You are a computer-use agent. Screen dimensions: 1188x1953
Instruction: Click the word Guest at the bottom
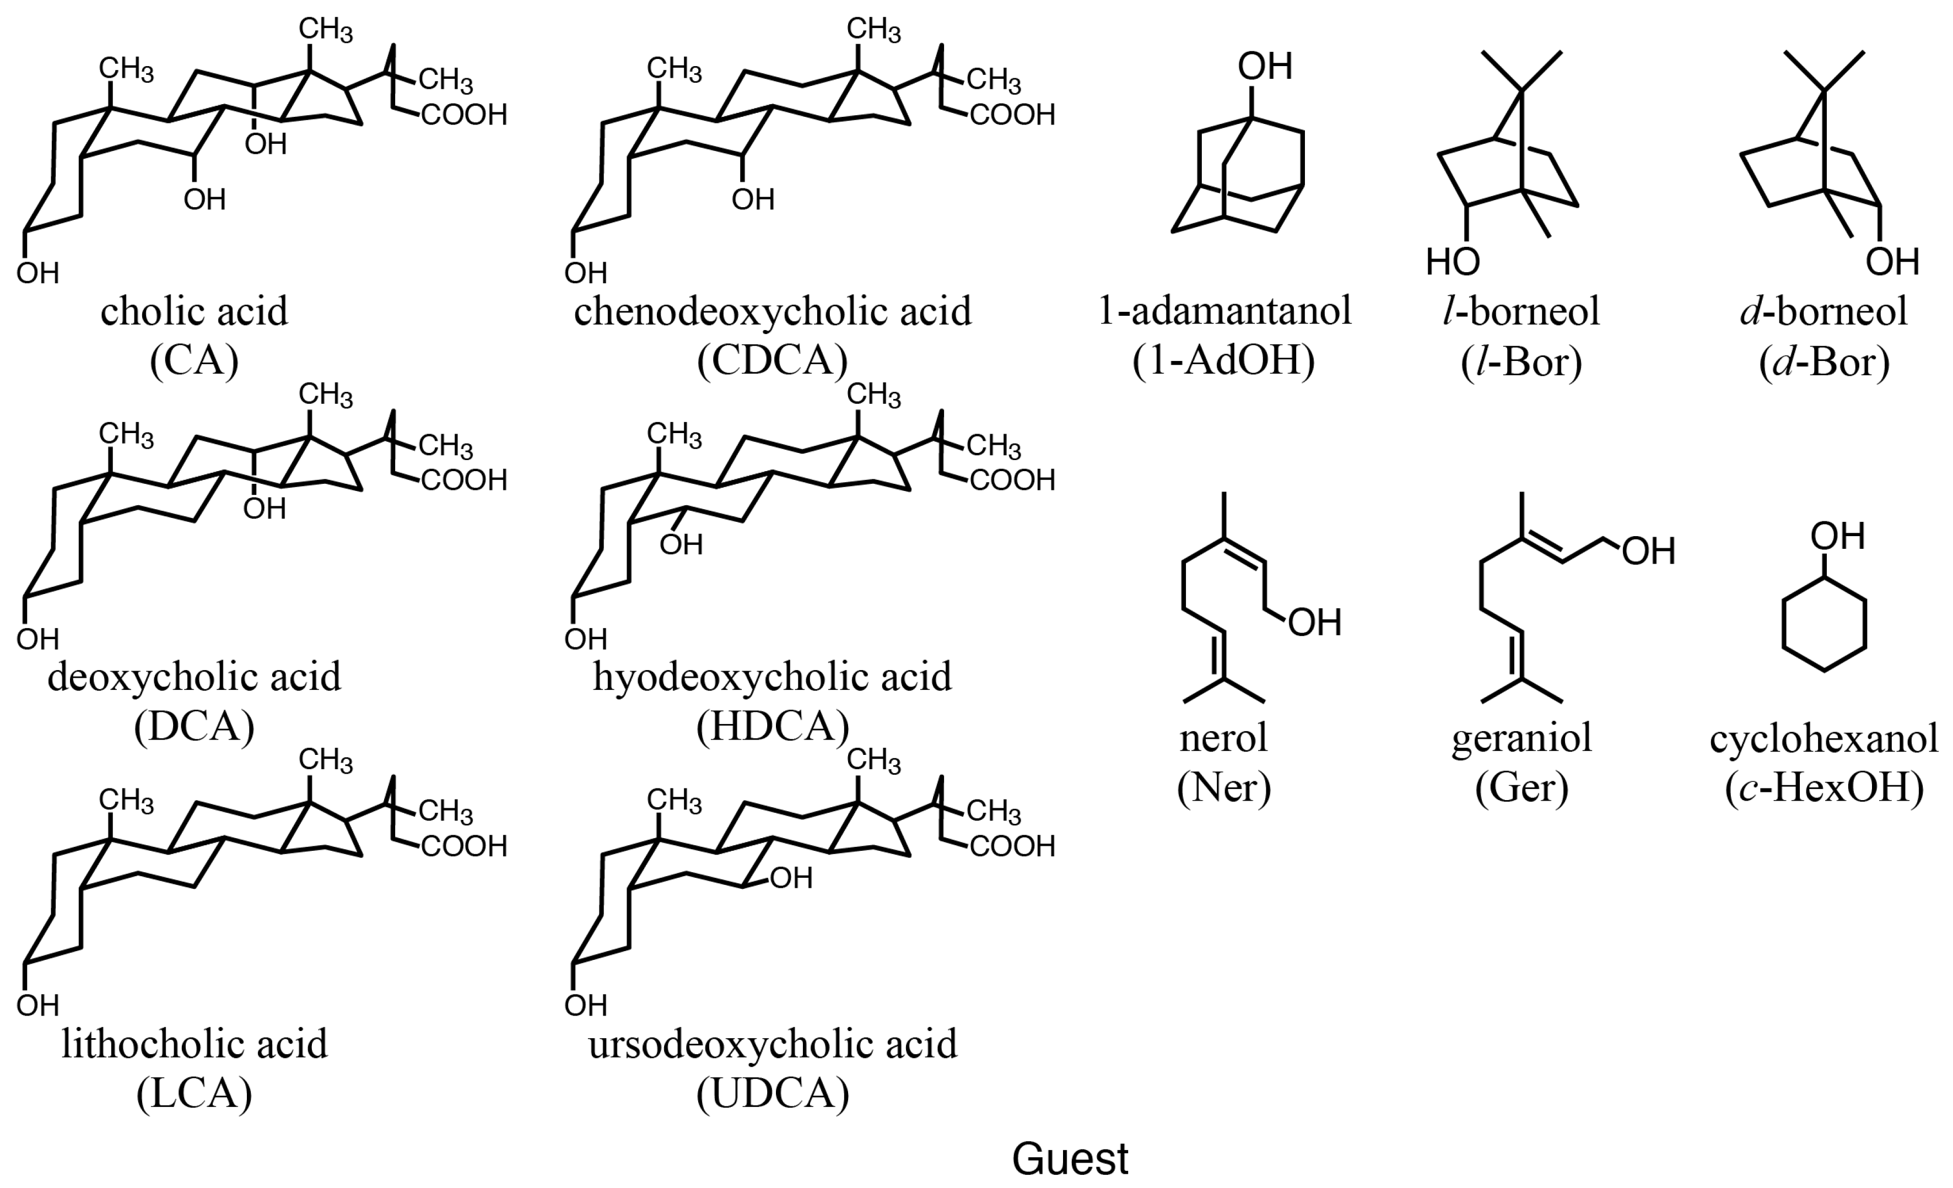[1070, 1159]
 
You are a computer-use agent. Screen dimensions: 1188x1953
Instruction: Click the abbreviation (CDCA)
[773, 360]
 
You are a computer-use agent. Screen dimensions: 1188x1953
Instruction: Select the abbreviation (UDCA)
[773, 1094]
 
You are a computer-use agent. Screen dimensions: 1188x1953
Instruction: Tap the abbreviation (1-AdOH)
[1224, 360]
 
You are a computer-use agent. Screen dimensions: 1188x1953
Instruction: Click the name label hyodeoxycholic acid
[773, 677]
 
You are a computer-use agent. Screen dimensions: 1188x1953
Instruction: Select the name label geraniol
[1522, 738]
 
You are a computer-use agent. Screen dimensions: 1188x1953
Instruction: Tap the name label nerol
[1224, 738]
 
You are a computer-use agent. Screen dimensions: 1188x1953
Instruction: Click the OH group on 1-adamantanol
[1265, 67]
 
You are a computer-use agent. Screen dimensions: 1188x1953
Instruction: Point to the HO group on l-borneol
[1453, 262]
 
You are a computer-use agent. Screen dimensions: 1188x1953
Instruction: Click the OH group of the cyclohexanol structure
[1837, 537]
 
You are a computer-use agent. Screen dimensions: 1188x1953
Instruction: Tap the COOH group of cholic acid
[463, 116]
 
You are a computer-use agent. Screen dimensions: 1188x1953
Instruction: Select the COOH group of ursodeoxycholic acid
[1012, 846]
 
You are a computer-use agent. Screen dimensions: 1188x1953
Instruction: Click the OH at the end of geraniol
[1649, 552]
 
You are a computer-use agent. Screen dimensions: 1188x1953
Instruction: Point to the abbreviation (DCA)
[194, 726]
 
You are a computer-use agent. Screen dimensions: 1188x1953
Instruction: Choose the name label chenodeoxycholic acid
[773, 311]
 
